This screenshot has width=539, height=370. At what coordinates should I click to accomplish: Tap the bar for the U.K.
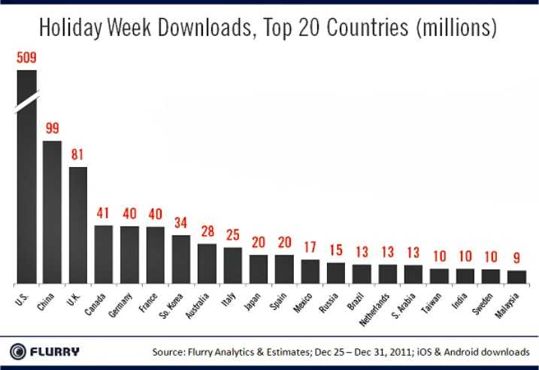pos(78,225)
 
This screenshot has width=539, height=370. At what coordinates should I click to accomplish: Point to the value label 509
pos(26,57)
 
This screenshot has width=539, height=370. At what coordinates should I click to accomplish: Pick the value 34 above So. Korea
pos(181,223)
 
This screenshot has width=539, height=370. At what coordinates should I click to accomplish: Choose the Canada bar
pos(104,254)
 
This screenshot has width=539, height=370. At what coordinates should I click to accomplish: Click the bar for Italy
pos(233,265)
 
